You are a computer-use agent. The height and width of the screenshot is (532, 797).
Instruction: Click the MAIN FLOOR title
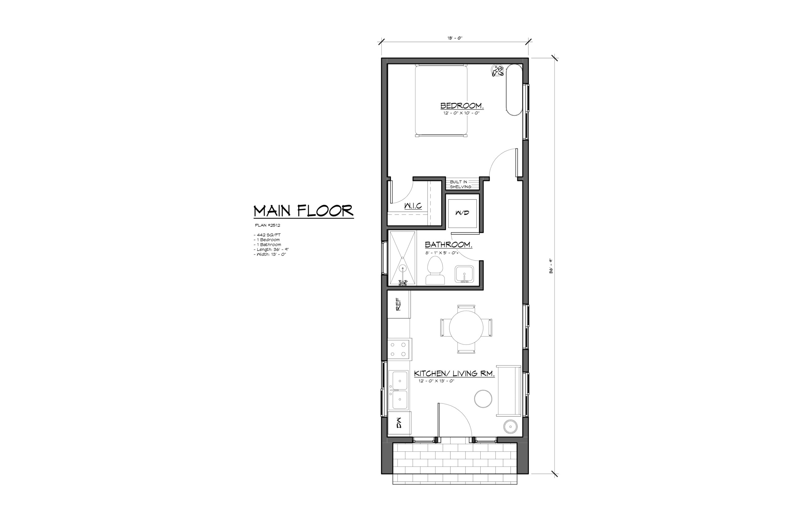pyautogui.click(x=303, y=211)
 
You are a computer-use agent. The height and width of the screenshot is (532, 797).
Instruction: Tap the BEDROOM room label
pyautogui.click(x=461, y=106)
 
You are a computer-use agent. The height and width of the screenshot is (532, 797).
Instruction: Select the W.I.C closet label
pyautogui.click(x=413, y=206)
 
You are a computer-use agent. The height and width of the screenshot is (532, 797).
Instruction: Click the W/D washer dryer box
pyautogui.click(x=462, y=213)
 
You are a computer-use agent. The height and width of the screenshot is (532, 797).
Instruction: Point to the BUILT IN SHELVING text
pyautogui.click(x=460, y=184)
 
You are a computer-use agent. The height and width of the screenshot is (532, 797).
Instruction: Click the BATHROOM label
pyautogui.click(x=448, y=245)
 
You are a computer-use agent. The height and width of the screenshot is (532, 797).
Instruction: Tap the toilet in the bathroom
pyautogui.click(x=435, y=271)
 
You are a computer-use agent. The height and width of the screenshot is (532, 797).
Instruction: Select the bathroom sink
pyautogui.click(x=464, y=274)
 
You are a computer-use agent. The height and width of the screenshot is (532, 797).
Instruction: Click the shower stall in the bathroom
pyautogui.click(x=402, y=258)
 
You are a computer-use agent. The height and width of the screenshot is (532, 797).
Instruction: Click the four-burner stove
pyautogui.click(x=399, y=349)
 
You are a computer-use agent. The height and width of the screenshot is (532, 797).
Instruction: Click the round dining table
pyautogui.click(x=466, y=328)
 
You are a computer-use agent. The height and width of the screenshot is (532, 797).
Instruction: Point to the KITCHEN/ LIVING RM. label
pyautogui.click(x=454, y=374)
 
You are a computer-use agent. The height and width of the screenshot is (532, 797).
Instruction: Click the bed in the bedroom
pyautogui.click(x=441, y=100)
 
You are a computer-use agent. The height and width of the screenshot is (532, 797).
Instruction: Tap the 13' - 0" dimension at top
pyautogui.click(x=455, y=38)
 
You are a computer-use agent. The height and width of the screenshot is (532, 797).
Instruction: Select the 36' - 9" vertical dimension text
pyautogui.click(x=551, y=266)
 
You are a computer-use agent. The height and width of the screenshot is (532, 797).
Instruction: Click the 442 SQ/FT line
pyautogui.click(x=267, y=235)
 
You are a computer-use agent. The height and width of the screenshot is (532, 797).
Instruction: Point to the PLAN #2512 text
pyautogui.click(x=267, y=225)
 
